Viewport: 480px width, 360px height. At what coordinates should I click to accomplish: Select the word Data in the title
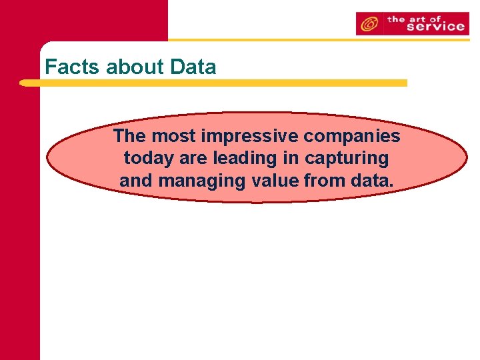pos(193,67)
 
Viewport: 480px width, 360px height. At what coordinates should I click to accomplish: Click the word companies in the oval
pos(352,136)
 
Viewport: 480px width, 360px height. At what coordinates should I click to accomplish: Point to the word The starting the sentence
pos(130,136)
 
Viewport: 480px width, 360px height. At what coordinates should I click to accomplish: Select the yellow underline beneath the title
pos(213,83)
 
